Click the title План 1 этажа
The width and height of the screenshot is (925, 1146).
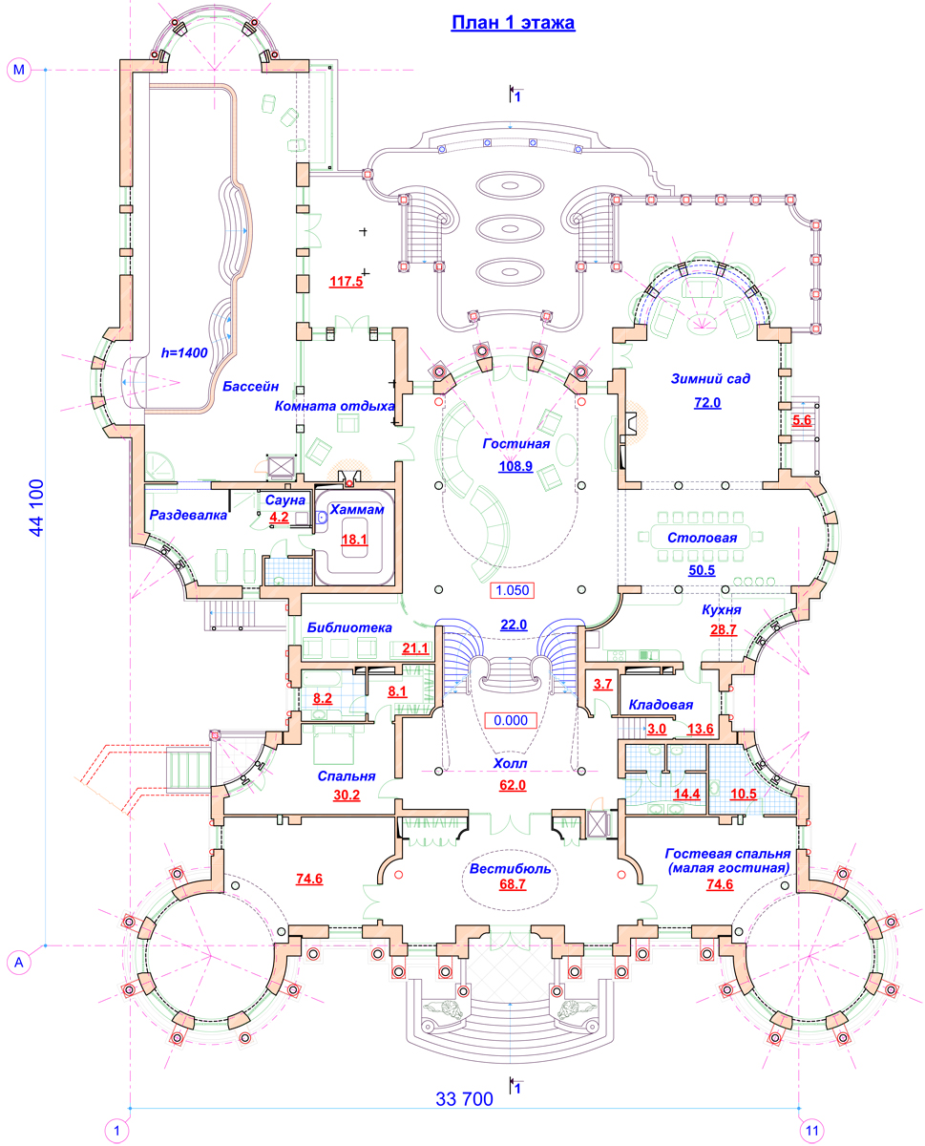coord(513,23)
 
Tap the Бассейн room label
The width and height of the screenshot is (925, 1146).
coord(251,387)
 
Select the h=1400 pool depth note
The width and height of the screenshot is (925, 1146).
coord(184,353)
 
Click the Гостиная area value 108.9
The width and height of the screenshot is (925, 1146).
coord(515,466)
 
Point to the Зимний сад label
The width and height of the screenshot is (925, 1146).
coord(710,379)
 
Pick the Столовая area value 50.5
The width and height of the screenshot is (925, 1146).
coord(702,570)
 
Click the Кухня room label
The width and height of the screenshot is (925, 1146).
coord(721,610)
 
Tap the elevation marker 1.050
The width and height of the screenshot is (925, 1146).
coord(512,590)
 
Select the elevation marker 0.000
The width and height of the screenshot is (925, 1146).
coord(511,720)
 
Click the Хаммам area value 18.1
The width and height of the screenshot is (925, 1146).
coord(354,540)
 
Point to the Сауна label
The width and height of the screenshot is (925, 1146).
coord(285,500)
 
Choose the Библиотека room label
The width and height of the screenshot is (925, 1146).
coord(349,627)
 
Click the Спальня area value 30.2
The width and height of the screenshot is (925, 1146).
coord(347,796)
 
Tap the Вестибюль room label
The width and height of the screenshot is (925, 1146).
coord(510,869)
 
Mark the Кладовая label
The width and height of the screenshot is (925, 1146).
coord(661,705)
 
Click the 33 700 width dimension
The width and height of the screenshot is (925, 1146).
coord(464,1098)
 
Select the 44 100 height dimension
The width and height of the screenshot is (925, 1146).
coord(36,507)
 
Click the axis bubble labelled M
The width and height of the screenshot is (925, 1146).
coord(19,70)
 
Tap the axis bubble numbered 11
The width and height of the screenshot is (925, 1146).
coord(811,1131)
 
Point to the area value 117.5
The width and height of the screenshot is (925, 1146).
coord(346,282)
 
